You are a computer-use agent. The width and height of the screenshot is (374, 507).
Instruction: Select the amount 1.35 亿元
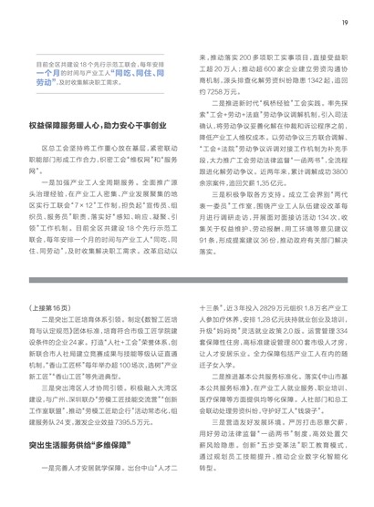click(x=265, y=207)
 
